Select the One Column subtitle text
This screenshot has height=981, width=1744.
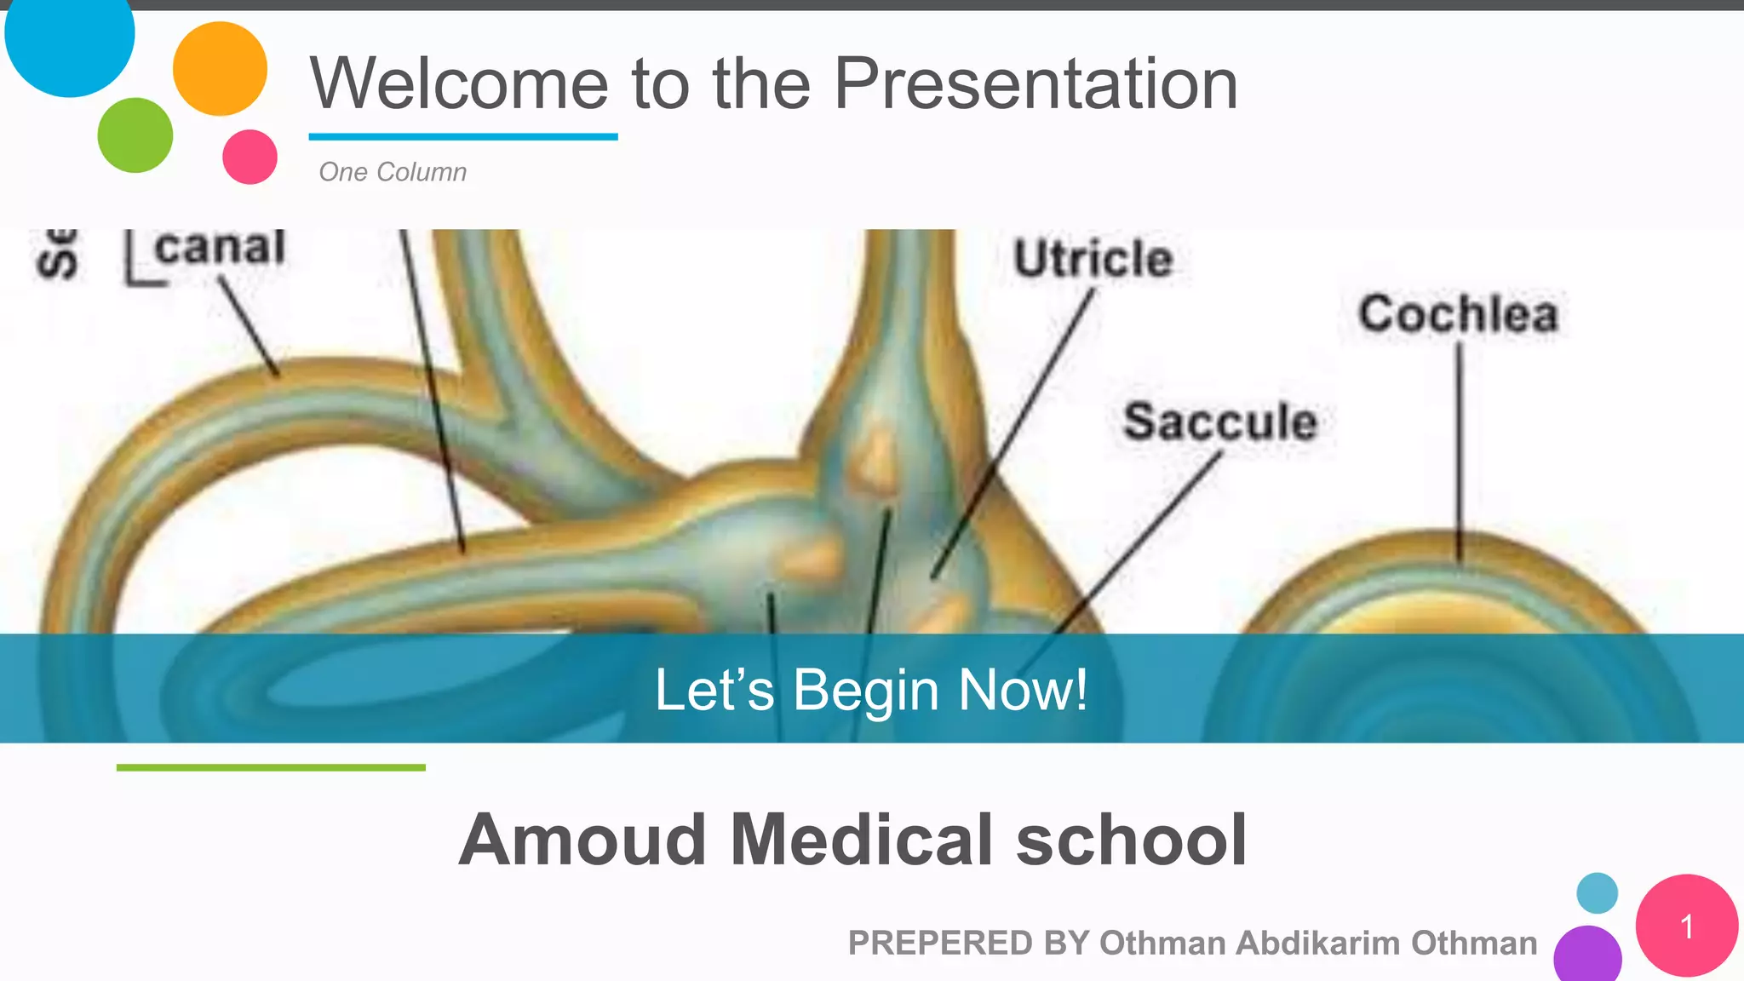(x=393, y=172)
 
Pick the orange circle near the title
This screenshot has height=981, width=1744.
(x=220, y=69)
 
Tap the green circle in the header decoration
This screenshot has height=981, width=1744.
(x=135, y=135)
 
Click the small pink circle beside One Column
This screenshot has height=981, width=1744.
(x=250, y=157)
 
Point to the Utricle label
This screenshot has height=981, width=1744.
(x=1093, y=259)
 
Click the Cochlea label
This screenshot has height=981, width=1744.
(x=1458, y=313)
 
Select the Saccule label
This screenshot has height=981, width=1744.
(x=1219, y=422)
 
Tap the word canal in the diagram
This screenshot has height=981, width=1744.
(x=220, y=249)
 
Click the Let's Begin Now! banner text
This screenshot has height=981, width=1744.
(x=870, y=689)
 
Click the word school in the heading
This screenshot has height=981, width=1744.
(x=1132, y=840)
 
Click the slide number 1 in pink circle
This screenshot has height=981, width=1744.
(x=1686, y=926)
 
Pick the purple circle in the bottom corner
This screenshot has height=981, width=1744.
(x=1587, y=955)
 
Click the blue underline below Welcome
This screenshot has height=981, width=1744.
(x=462, y=136)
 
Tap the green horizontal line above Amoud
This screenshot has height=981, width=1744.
(x=271, y=767)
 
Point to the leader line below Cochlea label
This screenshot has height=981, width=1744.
(x=1459, y=451)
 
